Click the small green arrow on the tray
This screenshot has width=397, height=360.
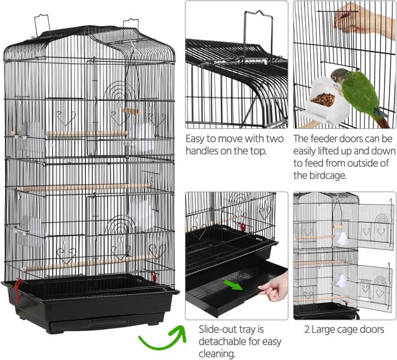233,285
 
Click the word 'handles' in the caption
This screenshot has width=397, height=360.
202,151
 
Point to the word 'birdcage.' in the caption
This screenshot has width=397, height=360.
320,175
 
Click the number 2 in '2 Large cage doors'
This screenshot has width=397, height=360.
307,330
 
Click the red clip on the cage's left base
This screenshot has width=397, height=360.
18,291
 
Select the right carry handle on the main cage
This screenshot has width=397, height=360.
131,24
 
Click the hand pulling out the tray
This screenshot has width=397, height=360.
274,287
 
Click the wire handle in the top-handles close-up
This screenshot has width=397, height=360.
258,36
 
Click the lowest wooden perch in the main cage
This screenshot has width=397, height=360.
89,263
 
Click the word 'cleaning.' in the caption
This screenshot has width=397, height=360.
217,353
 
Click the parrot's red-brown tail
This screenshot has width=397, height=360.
382,121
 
